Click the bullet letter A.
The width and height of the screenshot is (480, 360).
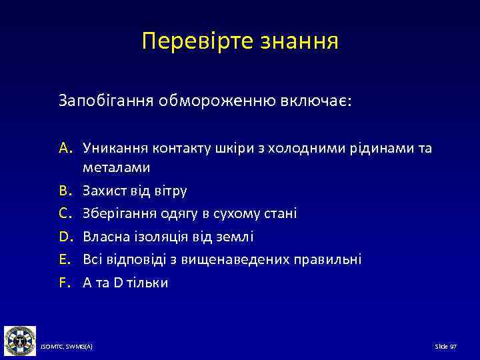point(67,148)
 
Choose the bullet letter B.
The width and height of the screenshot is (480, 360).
point(67,191)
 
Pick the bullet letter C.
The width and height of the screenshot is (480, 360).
point(67,213)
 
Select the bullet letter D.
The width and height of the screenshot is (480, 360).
point(67,237)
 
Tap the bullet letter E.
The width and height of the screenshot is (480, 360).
point(66,259)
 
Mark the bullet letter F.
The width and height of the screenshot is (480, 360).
point(66,282)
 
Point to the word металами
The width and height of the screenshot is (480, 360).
point(116,168)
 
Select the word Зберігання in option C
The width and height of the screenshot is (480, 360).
point(115,213)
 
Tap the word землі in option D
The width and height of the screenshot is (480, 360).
point(237,237)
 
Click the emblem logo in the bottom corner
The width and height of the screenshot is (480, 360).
point(20,340)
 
